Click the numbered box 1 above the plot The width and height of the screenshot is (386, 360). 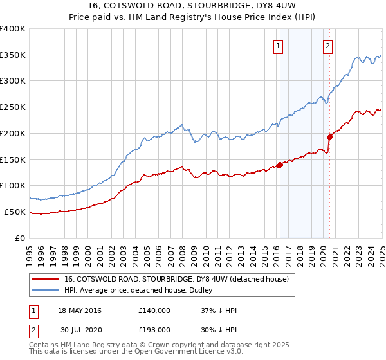coord(279,46)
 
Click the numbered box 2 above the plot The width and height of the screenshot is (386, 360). coord(327,46)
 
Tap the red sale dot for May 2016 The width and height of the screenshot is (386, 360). coord(280,165)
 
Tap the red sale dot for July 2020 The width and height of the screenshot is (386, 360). coord(329,137)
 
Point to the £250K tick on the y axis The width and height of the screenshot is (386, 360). coord(14,107)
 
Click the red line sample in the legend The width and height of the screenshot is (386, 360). coord(45,279)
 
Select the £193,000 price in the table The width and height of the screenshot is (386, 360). coord(154,330)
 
